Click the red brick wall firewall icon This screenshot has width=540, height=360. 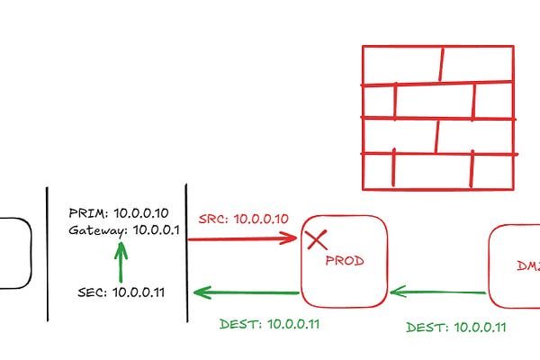[x=438, y=118]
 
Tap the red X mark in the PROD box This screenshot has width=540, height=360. [x=316, y=239]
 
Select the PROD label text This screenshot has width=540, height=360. [x=345, y=261]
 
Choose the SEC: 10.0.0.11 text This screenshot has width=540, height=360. [x=121, y=292]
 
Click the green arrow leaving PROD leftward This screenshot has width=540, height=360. [x=247, y=292]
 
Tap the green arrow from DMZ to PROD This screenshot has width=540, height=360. [x=439, y=291]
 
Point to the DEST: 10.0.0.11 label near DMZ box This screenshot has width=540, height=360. [x=455, y=327]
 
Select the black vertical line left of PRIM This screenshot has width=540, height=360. [x=47, y=252]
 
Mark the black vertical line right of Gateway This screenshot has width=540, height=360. [x=186, y=252]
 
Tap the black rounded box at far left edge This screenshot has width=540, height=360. [x=13, y=253]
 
